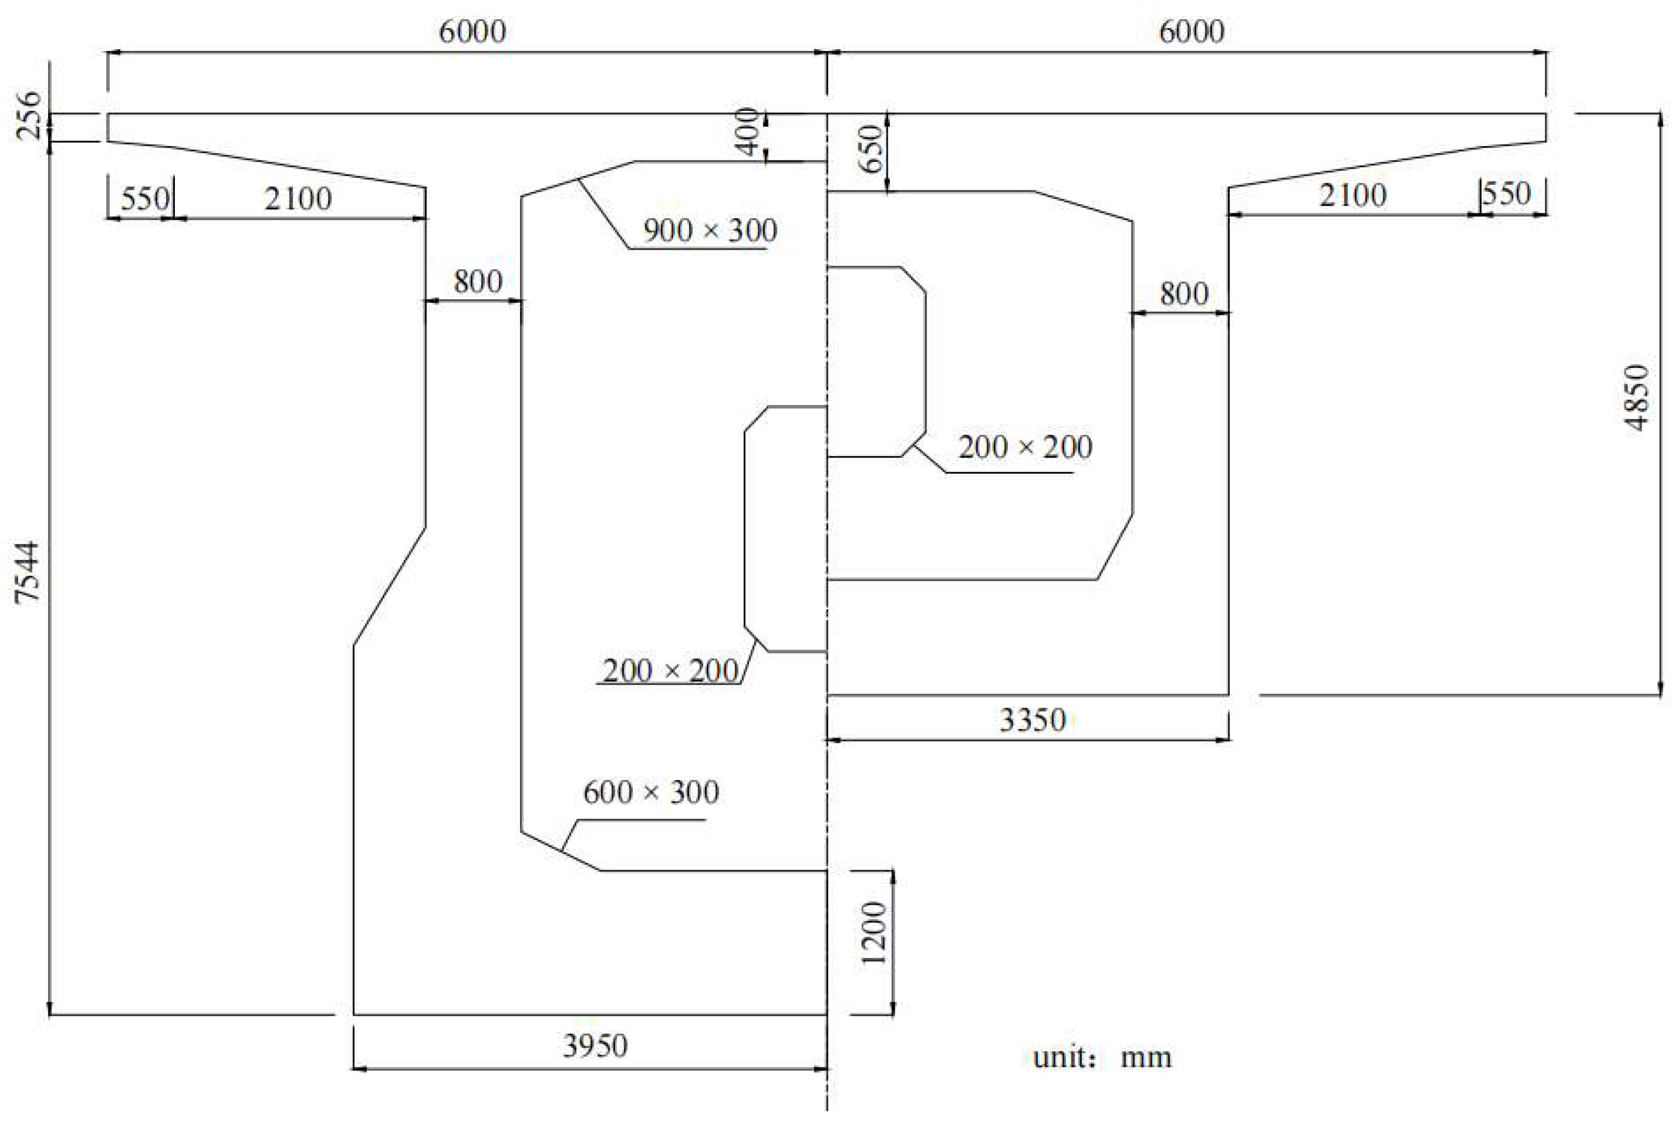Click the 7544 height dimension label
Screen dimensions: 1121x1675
point(28,572)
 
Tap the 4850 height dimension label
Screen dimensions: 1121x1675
point(1636,398)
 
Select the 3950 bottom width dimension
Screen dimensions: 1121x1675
point(595,1046)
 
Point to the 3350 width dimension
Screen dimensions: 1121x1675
point(1032,720)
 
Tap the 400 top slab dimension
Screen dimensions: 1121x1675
point(749,132)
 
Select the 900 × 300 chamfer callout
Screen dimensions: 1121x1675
point(710,230)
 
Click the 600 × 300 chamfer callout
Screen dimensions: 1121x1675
point(651,792)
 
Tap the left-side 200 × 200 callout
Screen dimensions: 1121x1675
point(670,671)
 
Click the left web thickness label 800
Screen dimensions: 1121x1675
point(478,282)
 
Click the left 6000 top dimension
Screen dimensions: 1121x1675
point(472,31)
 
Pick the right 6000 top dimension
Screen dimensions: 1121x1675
point(1191,31)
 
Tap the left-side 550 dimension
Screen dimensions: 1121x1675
point(145,199)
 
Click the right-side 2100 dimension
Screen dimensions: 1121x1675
point(1352,195)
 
